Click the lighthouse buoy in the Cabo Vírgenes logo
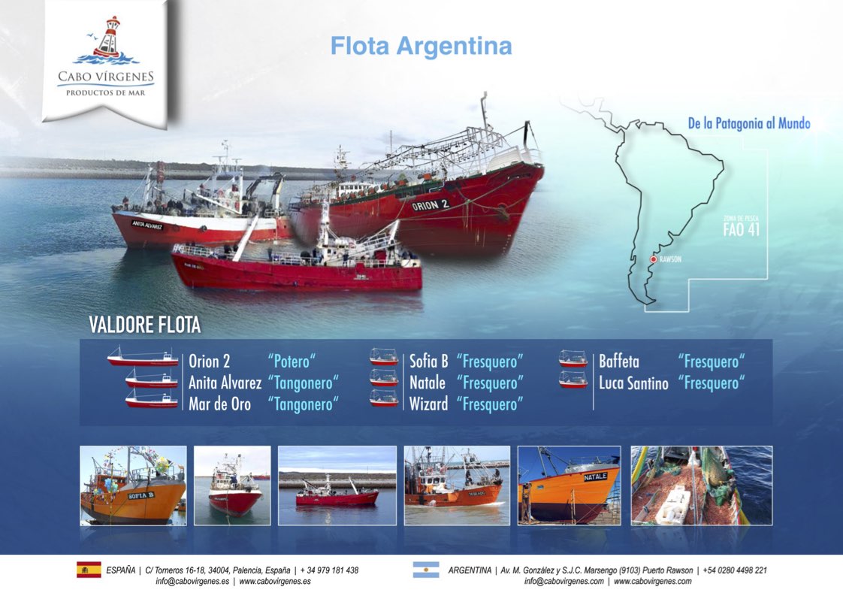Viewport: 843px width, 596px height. tap(109, 38)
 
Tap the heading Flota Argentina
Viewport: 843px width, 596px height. tap(421, 47)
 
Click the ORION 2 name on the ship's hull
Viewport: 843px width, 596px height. tap(430, 205)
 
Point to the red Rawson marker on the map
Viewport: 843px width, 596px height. tap(653, 259)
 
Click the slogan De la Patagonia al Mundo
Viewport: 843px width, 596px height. tap(749, 123)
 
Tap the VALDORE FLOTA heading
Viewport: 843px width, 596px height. tap(144, 325)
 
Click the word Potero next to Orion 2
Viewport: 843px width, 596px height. tap(292, 361)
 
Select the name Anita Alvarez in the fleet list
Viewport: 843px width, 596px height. tap(225, 383)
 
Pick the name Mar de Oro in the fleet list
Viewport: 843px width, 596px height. tap(219, 404)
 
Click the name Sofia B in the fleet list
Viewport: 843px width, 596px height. tap(428, 361)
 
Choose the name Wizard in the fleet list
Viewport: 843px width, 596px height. tap(428, 404)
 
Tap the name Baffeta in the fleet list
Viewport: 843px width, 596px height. tap(619, 361)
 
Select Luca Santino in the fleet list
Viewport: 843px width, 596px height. tap(633, 383)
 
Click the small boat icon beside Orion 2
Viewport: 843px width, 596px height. tap(143, 357)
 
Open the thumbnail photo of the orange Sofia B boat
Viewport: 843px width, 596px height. tap(133, 486)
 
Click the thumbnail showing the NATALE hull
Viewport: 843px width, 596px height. tap(569, 486)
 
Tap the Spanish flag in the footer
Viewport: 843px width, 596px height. tap(89, 570)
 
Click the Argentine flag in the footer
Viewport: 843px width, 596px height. tap(426, 570)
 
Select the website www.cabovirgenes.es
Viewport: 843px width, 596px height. tap(275, 582)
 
